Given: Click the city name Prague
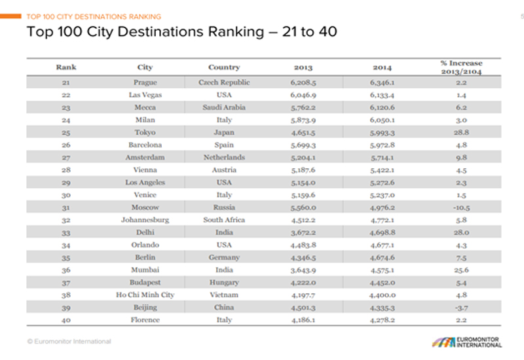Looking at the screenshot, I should [145, 83].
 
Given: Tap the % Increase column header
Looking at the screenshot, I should [462, 67].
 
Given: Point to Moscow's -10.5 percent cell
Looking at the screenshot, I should [462, 207].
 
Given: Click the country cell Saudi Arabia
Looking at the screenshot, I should [224, 108].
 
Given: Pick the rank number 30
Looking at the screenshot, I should [65, 195].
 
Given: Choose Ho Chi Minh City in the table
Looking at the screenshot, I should [145, 295].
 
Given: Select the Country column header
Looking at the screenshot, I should [224, 67].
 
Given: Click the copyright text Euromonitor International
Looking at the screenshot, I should [69, 341].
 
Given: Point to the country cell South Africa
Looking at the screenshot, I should [224, 220].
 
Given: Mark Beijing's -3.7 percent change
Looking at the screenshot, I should [462, 307].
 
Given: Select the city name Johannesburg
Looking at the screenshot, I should [145, 220].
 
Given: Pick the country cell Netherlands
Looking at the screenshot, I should [224, 158].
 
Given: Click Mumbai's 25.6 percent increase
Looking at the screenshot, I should [462, 270].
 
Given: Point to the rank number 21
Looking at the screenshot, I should [65, 83].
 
